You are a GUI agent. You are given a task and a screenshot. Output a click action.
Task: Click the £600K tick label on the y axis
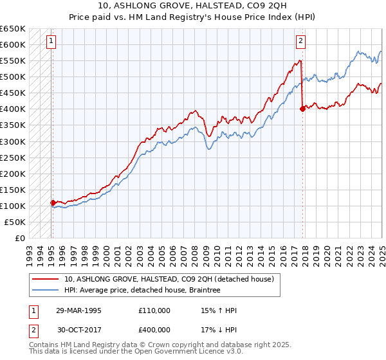[x=13, y=44]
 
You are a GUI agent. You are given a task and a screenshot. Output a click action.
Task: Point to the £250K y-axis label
[x=13, y=157]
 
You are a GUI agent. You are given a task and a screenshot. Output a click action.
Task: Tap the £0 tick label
[x=20, y=238]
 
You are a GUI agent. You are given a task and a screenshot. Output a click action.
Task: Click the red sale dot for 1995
[x=53, y=203]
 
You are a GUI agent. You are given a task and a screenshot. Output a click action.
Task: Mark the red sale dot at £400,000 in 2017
[x=302, y=109]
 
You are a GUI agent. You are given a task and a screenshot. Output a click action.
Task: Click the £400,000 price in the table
[x=154, y=329]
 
